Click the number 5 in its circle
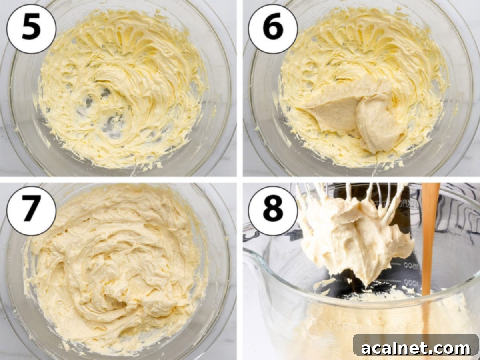[x=31, y=28]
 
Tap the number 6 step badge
[x=272, y=28]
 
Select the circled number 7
[x=31, y=210]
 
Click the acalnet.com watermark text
[x=416, y=348]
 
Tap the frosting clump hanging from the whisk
[x=352, y=236]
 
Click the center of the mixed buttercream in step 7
[x=116, y=272]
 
